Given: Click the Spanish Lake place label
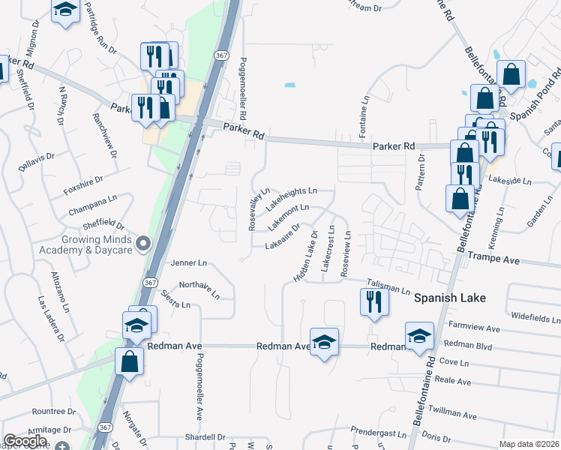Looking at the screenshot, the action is coord(450,298).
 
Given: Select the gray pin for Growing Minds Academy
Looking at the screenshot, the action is coord(148,243).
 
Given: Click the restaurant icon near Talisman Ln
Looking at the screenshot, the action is coord(373,301).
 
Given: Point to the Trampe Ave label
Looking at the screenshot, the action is coord(493,258).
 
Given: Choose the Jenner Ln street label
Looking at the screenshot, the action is coord(188,263).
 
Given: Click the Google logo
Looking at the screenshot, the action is coord(25,441).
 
